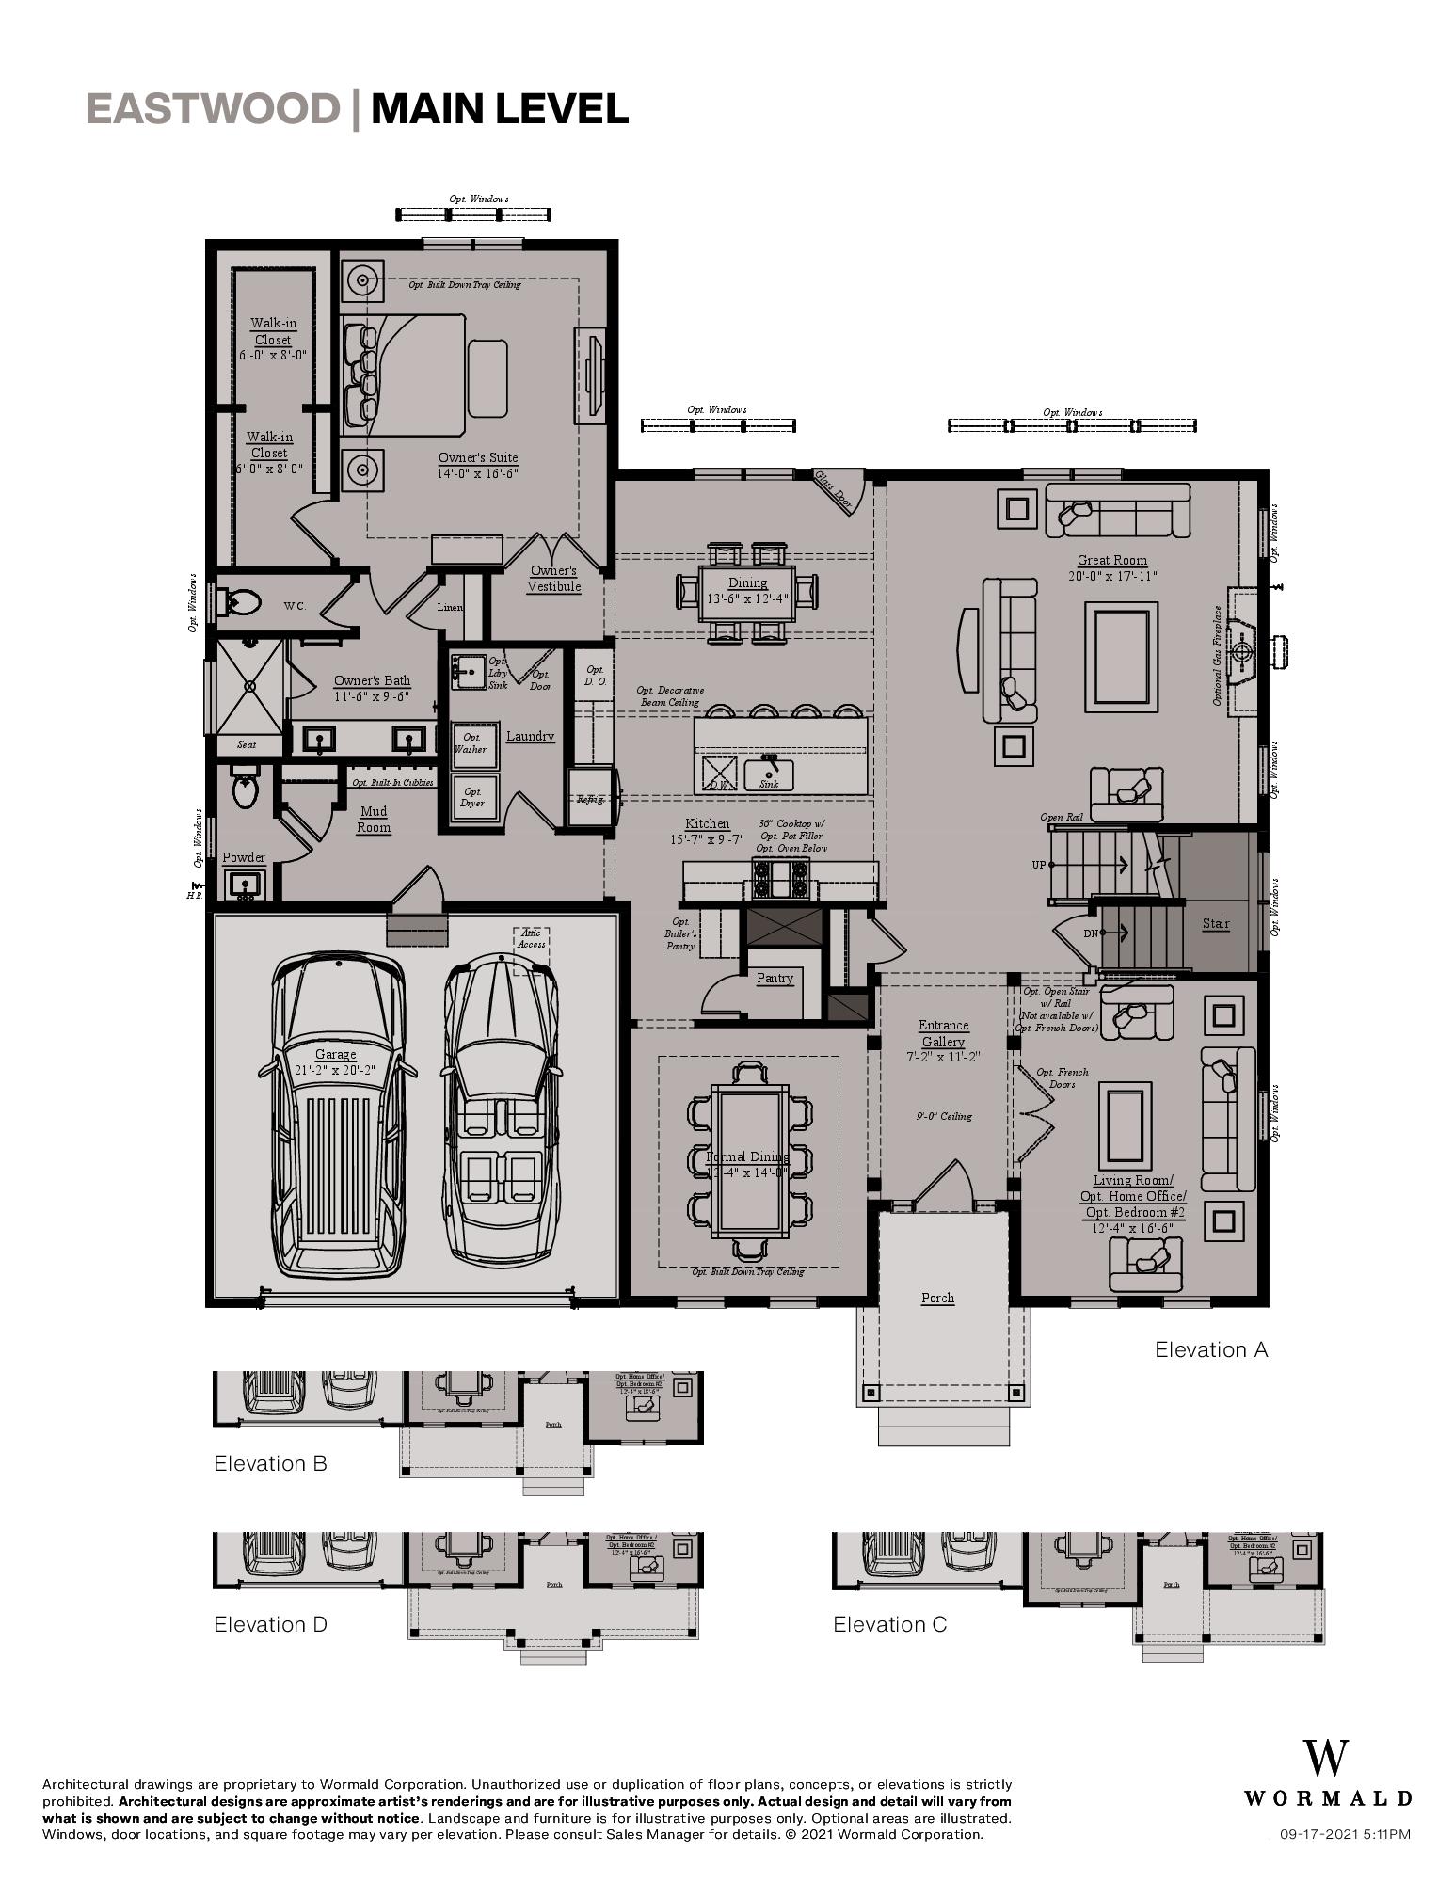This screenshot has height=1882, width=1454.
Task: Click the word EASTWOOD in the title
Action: (212, 109)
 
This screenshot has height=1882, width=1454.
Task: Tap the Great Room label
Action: (1111, 560)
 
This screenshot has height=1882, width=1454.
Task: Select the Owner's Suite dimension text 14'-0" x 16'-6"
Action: (478, 473)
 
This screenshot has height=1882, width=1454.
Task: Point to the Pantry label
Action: (775, 978)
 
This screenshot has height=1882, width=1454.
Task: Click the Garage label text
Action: (335, 1054)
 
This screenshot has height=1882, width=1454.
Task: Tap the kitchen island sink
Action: (769, 775)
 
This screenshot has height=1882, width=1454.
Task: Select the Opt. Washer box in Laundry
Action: (471, 743)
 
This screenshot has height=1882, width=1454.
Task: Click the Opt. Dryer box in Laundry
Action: (471, 797)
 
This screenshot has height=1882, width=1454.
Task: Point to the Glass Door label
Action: (833, 490)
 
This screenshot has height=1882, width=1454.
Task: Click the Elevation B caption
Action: (270, 1463)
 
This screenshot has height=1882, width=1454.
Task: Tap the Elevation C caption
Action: (889, 1624)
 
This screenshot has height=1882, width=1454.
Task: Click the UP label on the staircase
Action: (1038, 864)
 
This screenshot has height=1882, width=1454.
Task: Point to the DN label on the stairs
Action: (1090, 933)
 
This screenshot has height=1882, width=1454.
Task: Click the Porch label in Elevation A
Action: (937, 1298)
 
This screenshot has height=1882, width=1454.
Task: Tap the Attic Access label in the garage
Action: (531, 938)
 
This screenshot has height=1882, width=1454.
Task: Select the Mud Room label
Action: (374, 819)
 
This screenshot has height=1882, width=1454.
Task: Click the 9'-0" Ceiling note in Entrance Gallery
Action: (943, 1116)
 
